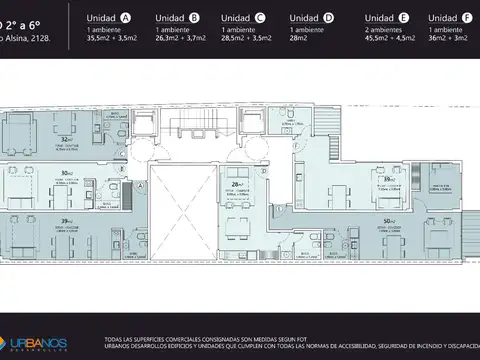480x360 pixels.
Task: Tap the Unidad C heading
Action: (x=244, y=18)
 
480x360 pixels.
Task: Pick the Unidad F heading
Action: (x=450, y=18)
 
